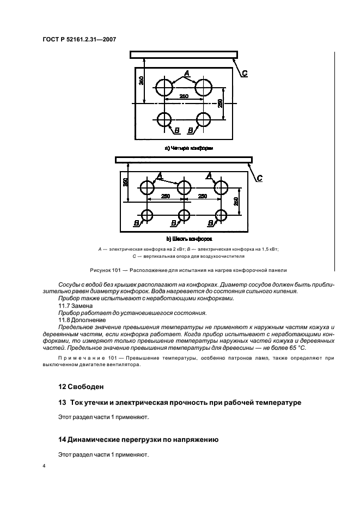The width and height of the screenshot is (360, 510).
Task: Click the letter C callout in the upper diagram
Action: click(x=245, y=73)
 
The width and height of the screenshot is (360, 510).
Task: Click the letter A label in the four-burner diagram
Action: click(x=186, y=73)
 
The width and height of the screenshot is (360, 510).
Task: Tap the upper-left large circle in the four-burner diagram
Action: click(x=164, y=87)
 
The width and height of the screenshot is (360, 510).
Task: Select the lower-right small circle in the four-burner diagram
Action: click(x=204, y=119)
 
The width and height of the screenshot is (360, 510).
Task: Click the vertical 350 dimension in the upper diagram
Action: click(x=141, y=80)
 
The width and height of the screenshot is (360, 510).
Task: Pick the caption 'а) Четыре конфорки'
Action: click(x=188, y=148)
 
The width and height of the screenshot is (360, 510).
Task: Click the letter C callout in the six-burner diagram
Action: click(x=259, y=178)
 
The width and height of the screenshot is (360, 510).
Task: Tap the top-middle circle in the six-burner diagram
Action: click(x=184, y=187)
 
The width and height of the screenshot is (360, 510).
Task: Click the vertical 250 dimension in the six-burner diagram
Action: click(x=236, y=201)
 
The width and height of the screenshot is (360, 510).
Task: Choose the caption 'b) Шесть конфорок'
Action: click(x=188, y=239)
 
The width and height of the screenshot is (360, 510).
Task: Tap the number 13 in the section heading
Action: click(x=62, y=402)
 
